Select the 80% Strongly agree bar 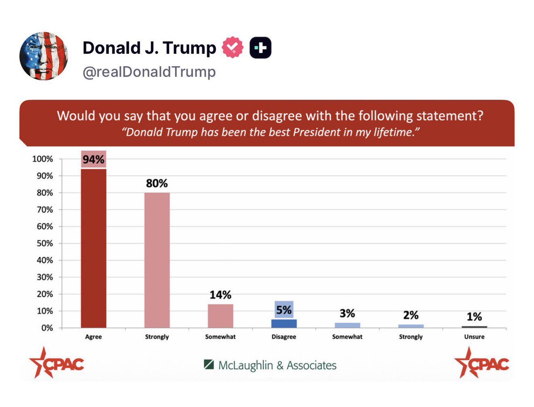(x=157, y=260)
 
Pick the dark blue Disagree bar (x=284, y=323)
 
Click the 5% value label (x=284, y=310)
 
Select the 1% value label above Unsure (x=474, y=317)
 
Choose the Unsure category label (x=474, y=337)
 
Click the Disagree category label (x=284, y=337)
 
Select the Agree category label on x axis (x=94, y=337)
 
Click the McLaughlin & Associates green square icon (x=208, y=365)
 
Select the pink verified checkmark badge (x=232, y=48)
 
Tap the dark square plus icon (x=260, y=48)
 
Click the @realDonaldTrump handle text (x=149, y=72)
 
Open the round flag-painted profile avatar (x=44, y=56)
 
